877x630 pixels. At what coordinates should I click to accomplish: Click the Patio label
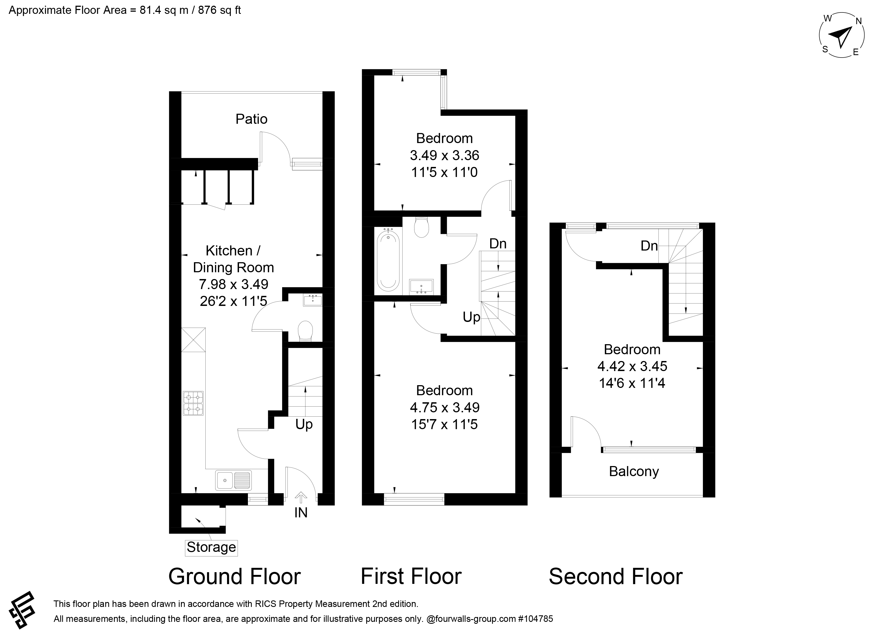[x=251, y=119]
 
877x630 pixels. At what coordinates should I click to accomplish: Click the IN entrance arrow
[x=301, y=497]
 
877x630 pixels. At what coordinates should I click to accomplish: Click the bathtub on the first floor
[x=388, y=259]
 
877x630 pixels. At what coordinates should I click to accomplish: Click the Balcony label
[x=634, y=471]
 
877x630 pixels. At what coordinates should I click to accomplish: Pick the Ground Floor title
[x=234, y=576]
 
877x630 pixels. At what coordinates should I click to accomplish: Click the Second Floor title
[x=616, y=576]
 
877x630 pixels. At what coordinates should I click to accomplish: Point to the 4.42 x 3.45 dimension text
[x=632, y=366]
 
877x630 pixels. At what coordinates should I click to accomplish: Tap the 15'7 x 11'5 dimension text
[x=444, y=424]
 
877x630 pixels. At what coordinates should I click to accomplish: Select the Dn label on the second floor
[x=649, y=245]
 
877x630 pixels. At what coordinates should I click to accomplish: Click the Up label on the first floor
[x=471, y=317]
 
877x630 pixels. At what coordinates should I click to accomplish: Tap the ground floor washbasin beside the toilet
[x=312, y=300]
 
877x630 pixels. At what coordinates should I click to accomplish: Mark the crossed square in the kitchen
[x=193, y=340]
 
